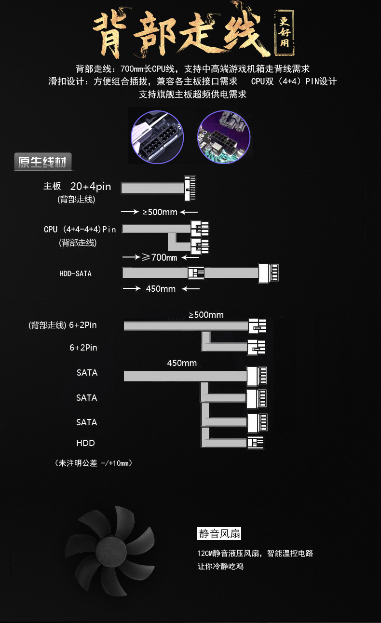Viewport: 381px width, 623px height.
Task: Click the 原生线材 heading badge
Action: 43,162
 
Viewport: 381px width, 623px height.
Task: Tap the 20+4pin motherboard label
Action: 91,187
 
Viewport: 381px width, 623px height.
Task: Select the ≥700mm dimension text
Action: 160,257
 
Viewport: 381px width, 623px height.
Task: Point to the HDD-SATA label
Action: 75,274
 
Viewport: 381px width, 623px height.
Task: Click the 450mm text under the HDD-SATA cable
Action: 161,289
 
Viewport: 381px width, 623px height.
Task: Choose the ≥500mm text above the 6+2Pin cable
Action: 206,315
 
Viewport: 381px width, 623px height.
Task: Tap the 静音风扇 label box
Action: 219,534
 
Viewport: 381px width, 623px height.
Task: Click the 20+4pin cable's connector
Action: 191,189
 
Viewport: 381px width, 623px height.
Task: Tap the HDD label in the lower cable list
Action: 85,443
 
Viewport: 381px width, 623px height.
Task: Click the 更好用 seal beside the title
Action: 285,29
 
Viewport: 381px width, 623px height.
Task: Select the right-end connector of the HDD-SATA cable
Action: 269,272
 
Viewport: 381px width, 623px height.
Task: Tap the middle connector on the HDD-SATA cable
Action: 196,273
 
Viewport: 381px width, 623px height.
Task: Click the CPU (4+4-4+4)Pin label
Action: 80,230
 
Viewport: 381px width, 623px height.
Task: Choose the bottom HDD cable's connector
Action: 256,443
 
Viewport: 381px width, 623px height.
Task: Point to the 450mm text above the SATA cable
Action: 182,363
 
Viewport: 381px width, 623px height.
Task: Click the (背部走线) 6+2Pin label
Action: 63,325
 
